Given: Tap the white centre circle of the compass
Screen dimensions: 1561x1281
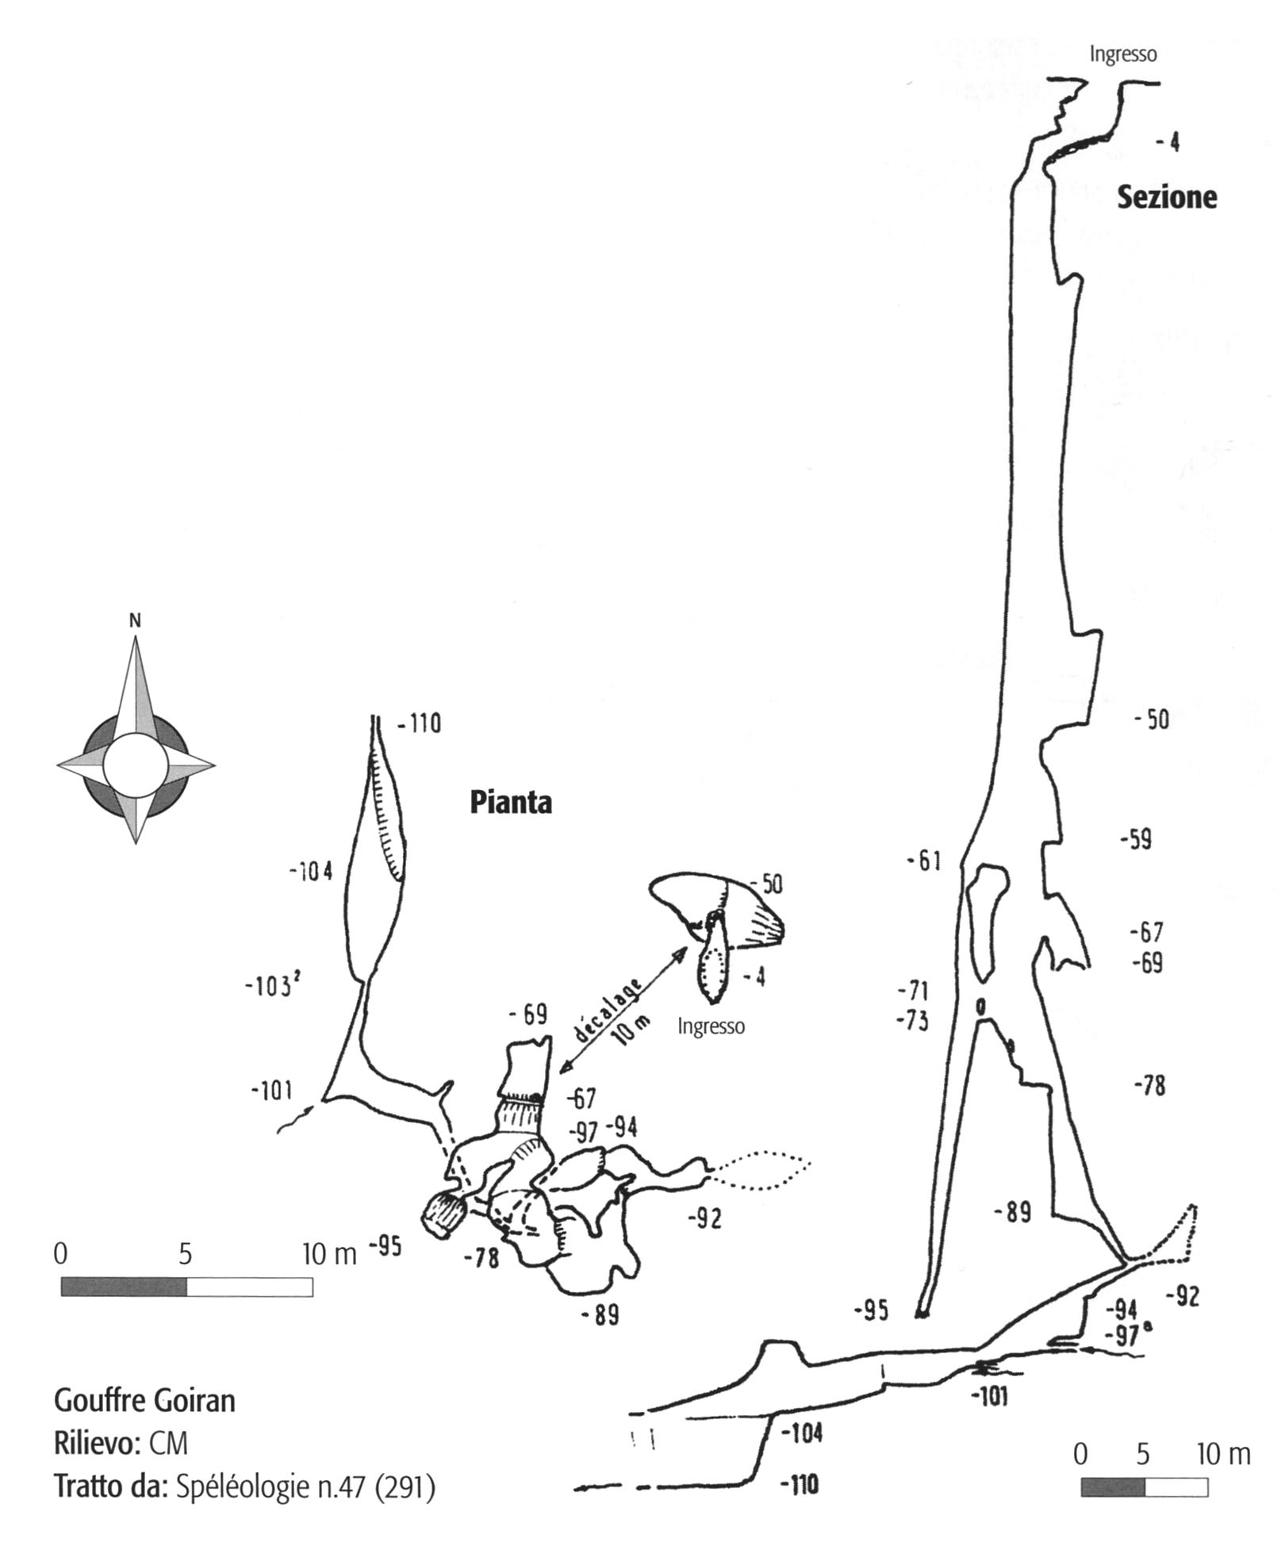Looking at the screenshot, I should (135, 766).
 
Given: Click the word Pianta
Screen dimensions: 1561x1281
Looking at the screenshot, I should (510, 803).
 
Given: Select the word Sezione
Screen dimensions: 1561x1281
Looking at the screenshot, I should (1166, 197).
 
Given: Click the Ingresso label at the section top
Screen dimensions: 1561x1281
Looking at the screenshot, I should (1122, 54).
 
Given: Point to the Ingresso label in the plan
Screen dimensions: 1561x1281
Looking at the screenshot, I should (711, 1026).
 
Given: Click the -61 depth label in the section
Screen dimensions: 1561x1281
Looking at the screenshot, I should (924, 860).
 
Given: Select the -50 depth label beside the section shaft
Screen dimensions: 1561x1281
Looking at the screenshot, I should (1152, 720).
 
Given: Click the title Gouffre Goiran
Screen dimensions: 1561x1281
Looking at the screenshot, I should (144, 1401).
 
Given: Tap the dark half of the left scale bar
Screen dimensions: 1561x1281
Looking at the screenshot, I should (123, 1286).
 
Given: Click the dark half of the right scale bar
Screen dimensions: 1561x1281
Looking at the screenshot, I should (1112, 1486).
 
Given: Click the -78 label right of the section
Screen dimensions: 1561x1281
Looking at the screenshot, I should (1150, 1086).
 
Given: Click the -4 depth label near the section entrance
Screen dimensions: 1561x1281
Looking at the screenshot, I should (1168, 143).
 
